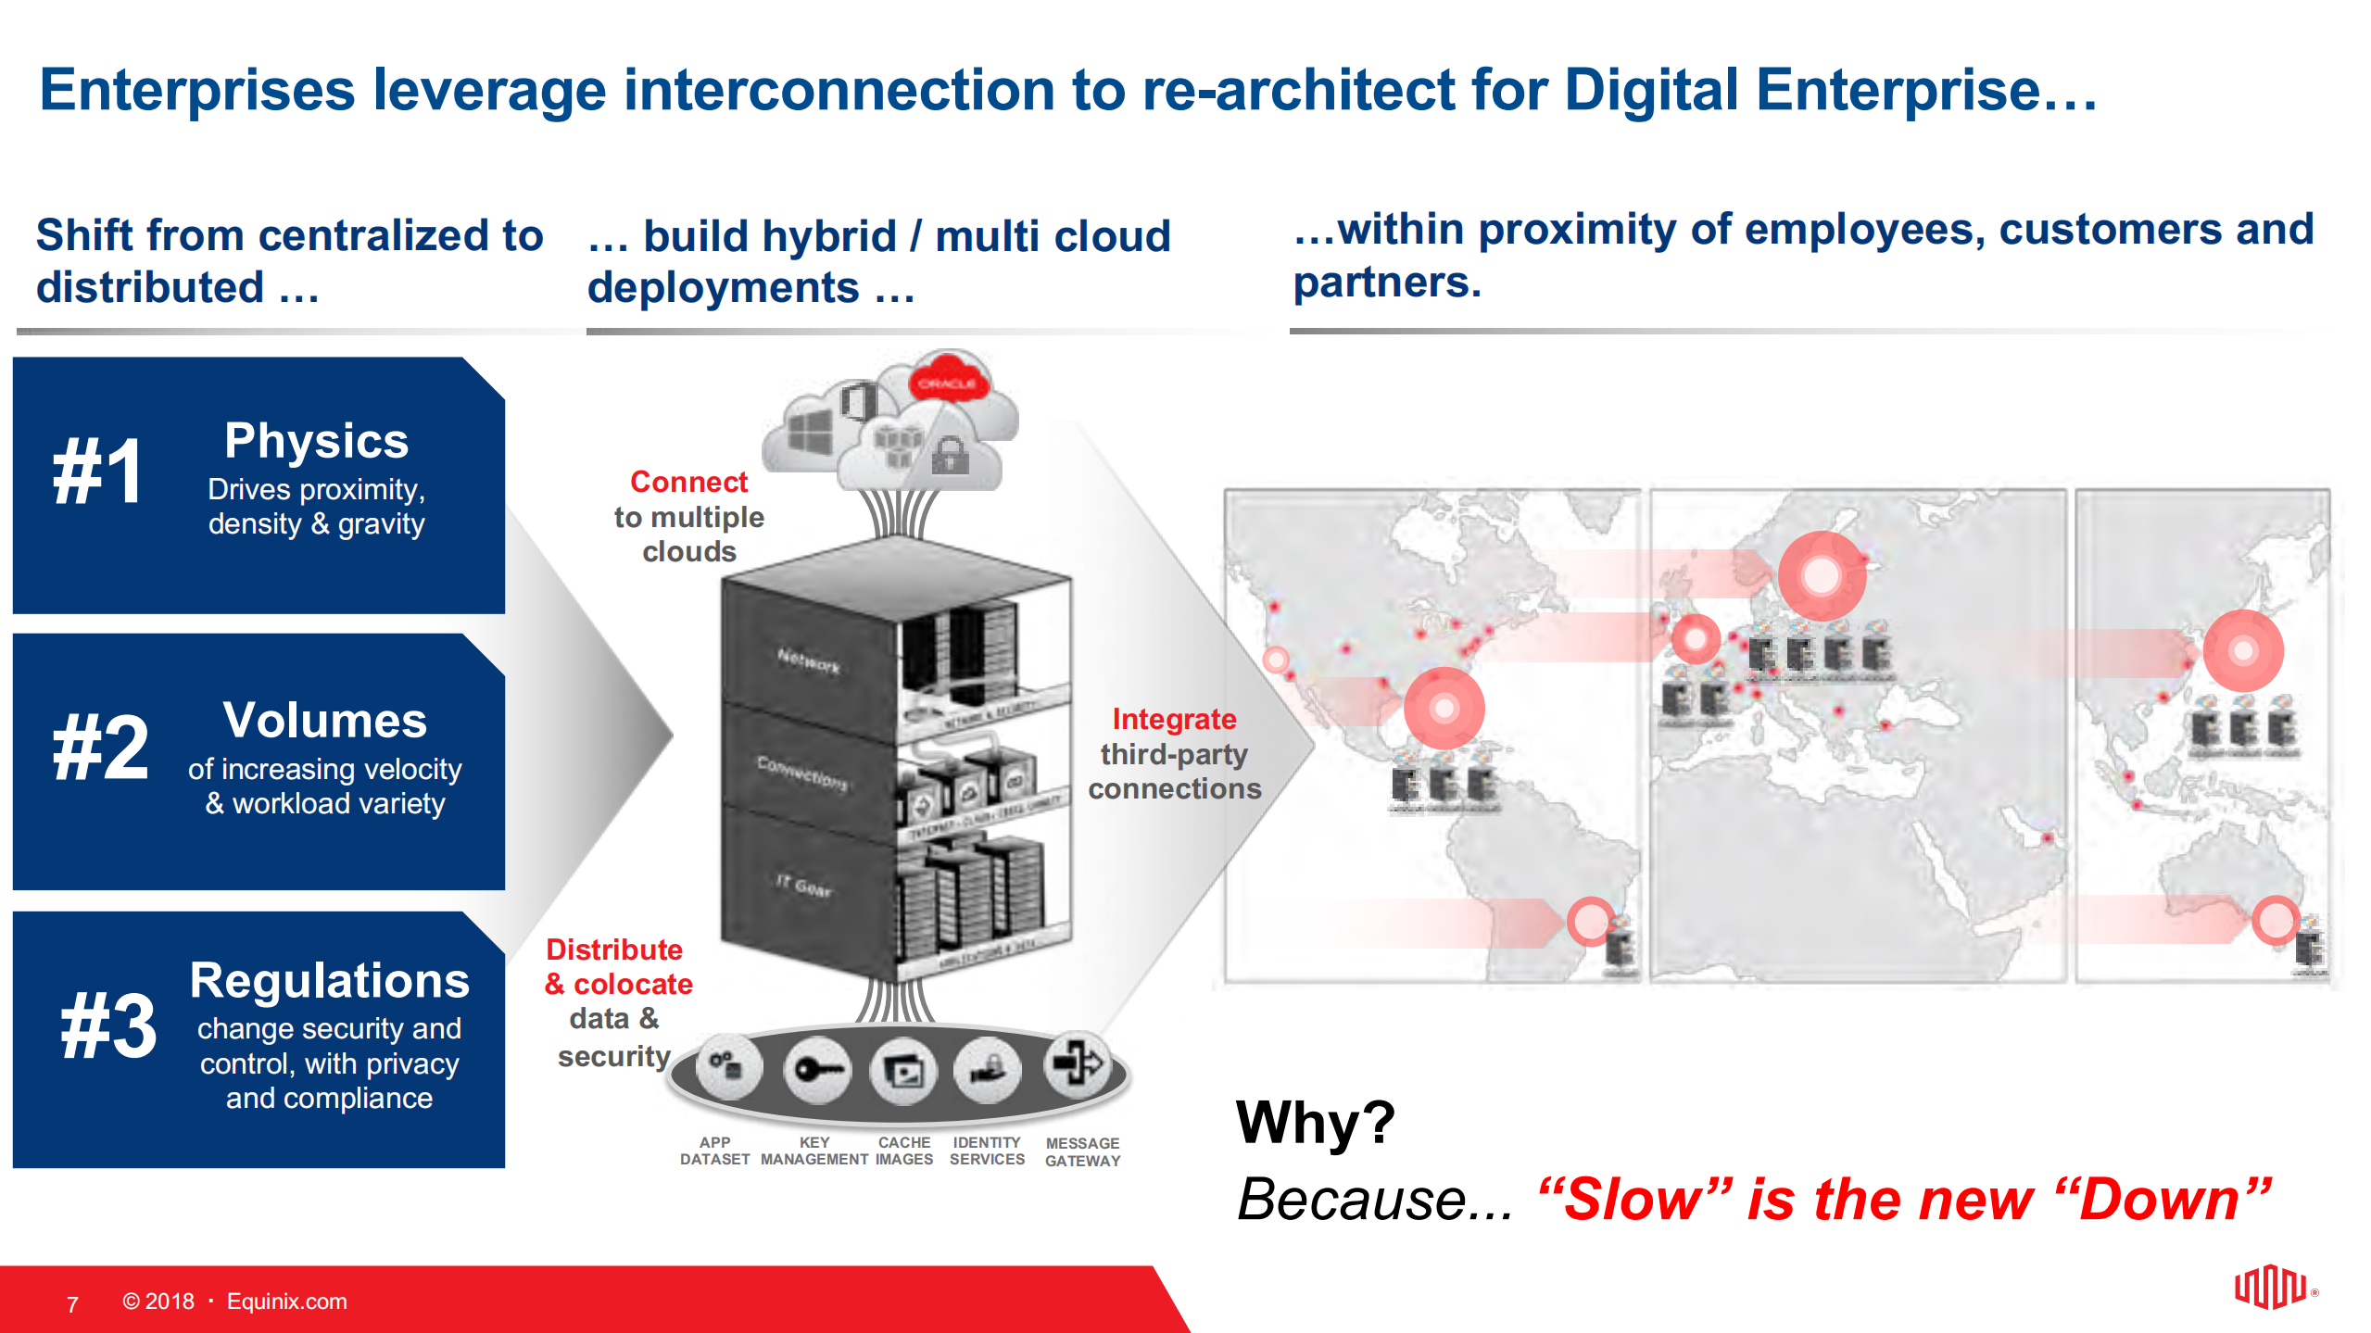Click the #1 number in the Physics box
(x=98, y=472)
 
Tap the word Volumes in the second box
(x=324, y=720)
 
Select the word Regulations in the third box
(x=329, y=980)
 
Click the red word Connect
(x=688, y=482)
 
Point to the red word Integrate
(x=1174, y=719)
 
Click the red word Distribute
(x=613, y=949)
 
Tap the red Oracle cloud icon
(x=947, y=381)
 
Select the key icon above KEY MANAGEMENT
(x=815, y=1071)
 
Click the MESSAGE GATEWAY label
(x=1082, y=1151)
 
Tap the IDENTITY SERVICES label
(x=987, y=1151)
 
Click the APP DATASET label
(x=714, y=1151)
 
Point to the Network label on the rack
(x=808, y=660)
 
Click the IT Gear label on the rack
(x=803, y=886)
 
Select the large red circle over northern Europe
(x=1821, y=575)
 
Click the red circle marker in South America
(x=1590, y=920)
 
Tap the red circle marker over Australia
(x=2275, y=920)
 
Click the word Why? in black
(x=1315, y=1122)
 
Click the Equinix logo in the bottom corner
(x=2270, y=1287)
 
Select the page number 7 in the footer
(x=72, y=1304)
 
